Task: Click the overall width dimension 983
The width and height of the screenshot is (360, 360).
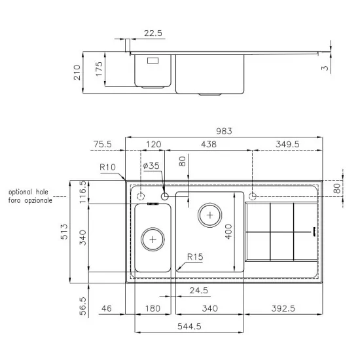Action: (x=225, y=132)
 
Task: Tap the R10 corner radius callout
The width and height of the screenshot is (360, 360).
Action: (x=107, y=168)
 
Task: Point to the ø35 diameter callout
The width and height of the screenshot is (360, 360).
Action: (x=151, y=166)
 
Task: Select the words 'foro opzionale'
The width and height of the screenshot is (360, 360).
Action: (x=30, y=200)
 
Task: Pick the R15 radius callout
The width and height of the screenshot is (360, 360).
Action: (x=194, y=257)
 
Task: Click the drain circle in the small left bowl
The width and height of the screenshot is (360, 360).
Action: (x=153, y=239)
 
